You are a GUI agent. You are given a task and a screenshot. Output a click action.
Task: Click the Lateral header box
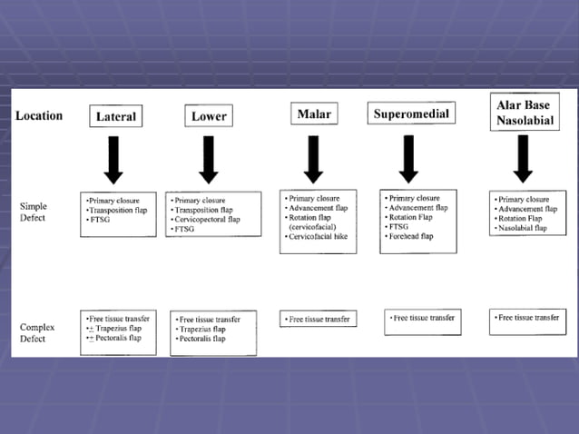click(x=116, y=117)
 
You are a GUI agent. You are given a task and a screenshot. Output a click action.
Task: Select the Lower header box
click(x=209, y=117)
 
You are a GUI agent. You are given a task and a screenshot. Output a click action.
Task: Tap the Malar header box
click(x=313, y=114)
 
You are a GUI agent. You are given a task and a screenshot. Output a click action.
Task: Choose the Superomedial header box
click(x=411, y=114)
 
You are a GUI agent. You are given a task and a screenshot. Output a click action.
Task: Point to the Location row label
click(x=39, y=116)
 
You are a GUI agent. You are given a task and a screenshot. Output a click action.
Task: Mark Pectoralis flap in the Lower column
click(x=204, y=339)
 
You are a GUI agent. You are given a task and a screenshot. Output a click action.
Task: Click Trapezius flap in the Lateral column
click(x=118, y=329)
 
